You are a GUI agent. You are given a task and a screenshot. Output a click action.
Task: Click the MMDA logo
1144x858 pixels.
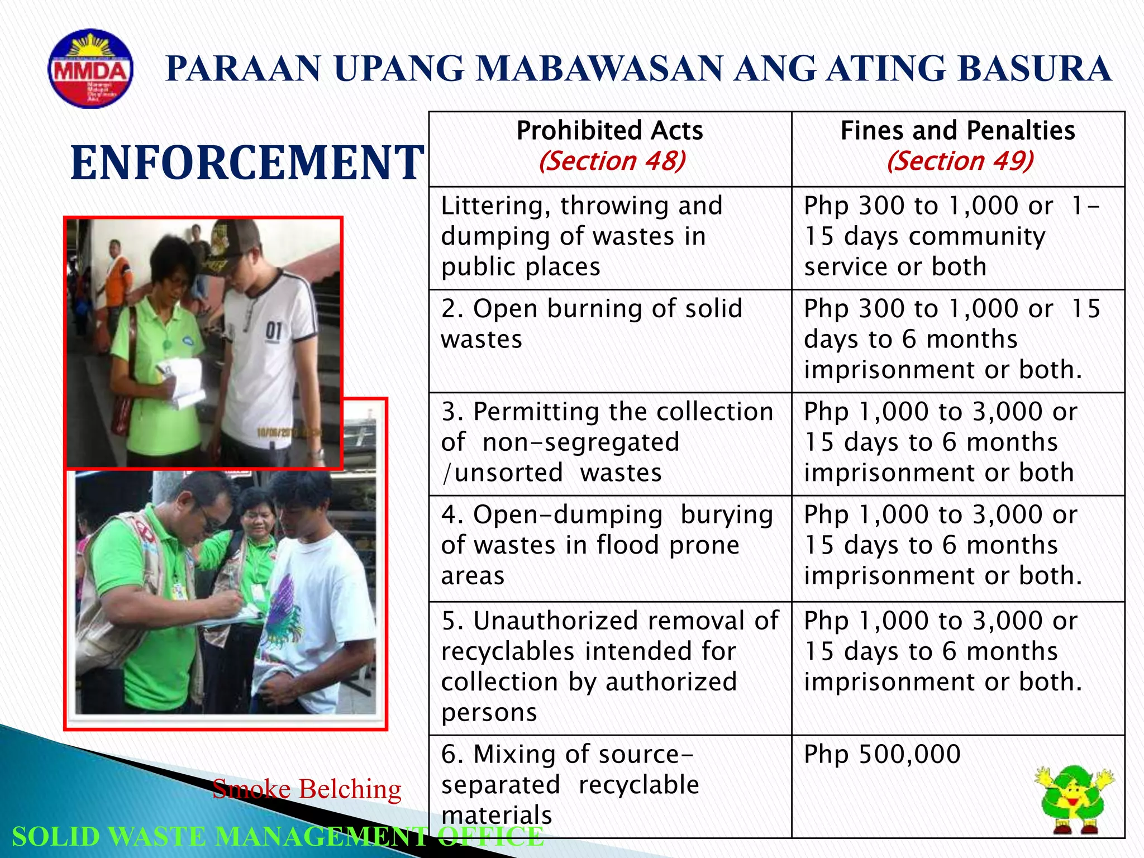click(x=90, y=69)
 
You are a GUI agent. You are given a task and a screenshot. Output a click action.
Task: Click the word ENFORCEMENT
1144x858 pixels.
click(x=247, y=163)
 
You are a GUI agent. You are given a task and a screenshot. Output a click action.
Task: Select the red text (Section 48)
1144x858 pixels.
click(x=612, y=161)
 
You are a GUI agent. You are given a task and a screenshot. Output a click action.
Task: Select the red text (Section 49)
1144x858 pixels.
click(x=960, y=161)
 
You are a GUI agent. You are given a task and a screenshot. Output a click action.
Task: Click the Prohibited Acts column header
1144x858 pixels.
click(x=609, y=131)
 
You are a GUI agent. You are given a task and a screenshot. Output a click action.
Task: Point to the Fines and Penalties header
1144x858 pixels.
click(x=957, y=131)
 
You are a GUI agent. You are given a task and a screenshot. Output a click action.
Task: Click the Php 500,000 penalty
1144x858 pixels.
click(x=882, y=754)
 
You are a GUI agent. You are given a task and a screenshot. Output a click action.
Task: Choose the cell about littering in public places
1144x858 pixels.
click(x=581, y=236)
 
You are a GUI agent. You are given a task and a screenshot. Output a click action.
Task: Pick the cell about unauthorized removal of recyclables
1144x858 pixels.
click(x=609, y=666)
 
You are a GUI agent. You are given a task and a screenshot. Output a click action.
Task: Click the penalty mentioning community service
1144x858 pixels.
click(x=950, y=236)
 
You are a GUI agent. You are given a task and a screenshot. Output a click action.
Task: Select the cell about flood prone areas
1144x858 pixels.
click(x=606, y=545)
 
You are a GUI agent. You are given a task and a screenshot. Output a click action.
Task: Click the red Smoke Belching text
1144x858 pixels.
click(x=307, y=789)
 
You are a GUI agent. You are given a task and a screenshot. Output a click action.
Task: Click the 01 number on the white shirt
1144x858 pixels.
click(x=273, y=330)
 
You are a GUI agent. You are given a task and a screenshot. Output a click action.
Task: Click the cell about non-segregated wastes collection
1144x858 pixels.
click(x=606, y=442)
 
